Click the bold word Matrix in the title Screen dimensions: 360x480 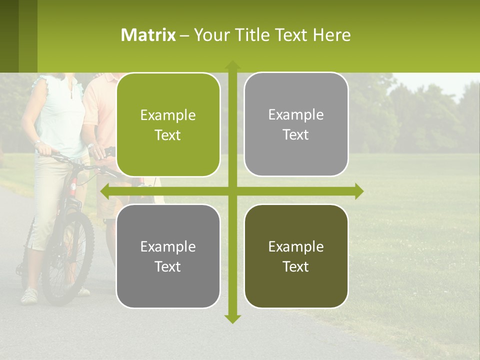(x=148, y=35)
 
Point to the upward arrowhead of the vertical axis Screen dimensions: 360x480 (x=232, y=65)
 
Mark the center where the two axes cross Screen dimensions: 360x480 (x=232, y=191)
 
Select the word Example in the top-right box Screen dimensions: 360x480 (x=296, y=115)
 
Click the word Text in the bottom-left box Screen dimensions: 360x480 (x=167, y=266)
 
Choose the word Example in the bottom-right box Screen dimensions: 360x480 (x=296, y=246)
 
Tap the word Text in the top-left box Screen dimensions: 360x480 (x=167, y=135)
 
